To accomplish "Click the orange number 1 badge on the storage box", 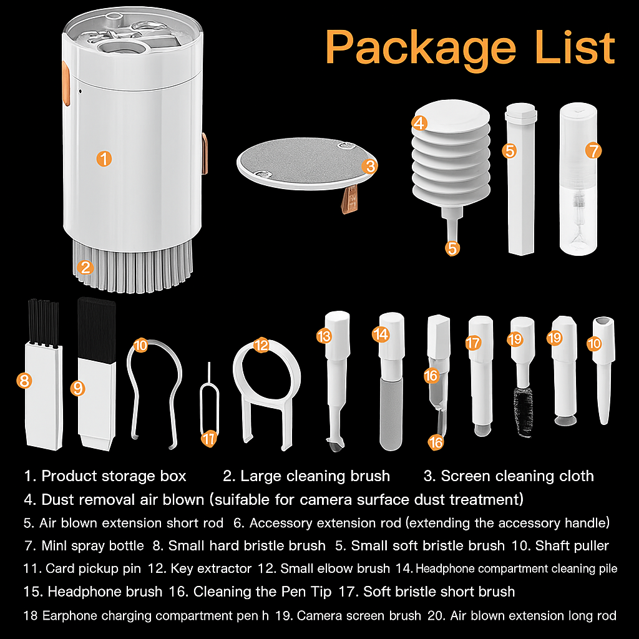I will pos(104,159).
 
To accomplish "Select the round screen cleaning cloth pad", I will pos(300,163).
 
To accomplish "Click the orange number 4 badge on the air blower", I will pos(420,123).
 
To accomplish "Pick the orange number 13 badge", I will pos(323,336).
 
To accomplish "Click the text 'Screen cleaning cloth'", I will pos(517,476).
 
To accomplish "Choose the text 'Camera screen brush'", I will pos(358,616).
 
